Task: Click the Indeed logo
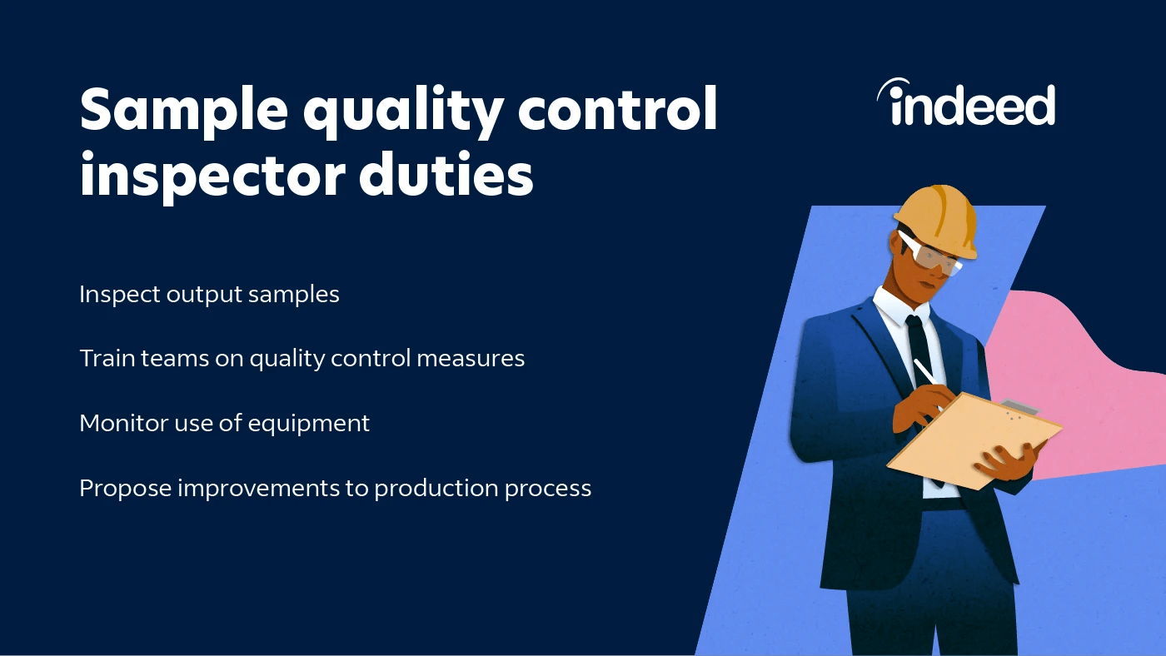966,104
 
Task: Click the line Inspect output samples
209,295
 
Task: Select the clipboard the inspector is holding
974,437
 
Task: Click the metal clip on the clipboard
1019,408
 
